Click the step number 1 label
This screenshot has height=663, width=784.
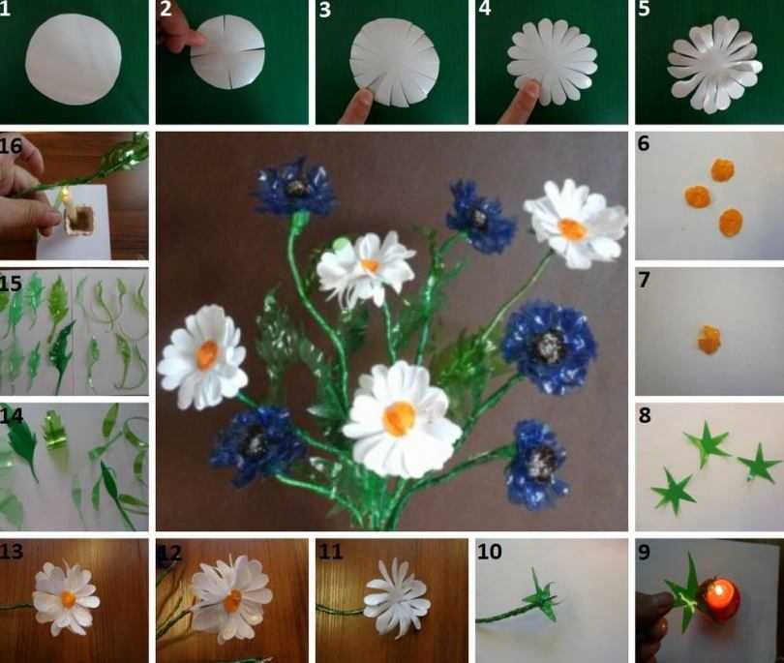pos(5,9)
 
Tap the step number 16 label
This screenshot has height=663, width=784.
pos(11,146)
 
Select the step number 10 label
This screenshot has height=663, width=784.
pos(490,552)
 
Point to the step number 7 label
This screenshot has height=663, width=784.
pos(644,280)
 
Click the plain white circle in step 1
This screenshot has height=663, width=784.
pos(74,59)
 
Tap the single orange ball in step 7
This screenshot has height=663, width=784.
pos(709,340)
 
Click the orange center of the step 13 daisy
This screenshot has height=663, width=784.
pos(68,598)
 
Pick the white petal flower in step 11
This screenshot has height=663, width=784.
pos(398,598)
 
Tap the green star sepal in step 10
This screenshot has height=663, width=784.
pos(541,595)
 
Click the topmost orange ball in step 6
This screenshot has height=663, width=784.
pos(723,170)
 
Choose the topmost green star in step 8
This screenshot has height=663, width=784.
pos(707,442)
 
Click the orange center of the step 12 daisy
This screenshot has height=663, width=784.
pos(232,600)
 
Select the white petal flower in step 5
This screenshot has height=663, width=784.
pos(715,65)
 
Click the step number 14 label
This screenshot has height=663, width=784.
pos(11,415)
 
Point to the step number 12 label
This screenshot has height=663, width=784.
pos(170,552)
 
